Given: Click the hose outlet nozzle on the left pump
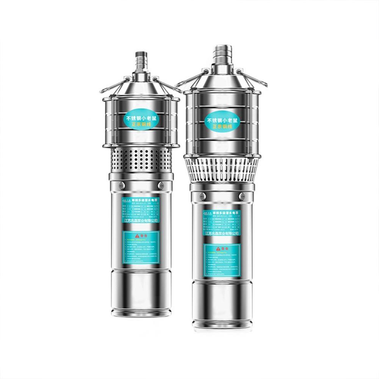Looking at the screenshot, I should pyautogui.click(x=141, y=61).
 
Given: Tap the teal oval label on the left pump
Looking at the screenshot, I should pyautogui.click(x=141, y=122).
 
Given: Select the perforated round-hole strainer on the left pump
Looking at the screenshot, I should pyautogui.click(x=141, y=159).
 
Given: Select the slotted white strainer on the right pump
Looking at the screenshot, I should pyautogui.click(x=222, y=169).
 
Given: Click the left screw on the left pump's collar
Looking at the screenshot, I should pyautogui.click(x=121, y=185).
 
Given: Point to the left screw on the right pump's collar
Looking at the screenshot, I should pyautogui.click(x=202, y=196).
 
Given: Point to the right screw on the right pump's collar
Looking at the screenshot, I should pyautogui.click(x=241, y=196).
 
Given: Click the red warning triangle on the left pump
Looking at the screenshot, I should pyautogui.click(x=137, y=235).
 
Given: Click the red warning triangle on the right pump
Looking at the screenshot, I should pyautogui.click(x=218, y=249).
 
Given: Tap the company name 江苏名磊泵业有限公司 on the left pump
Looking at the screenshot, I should pyautogui.click(x=141, y=220).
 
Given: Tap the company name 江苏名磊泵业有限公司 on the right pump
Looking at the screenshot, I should pyautogui.click(x=222, y=233).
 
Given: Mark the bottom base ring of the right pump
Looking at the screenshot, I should pyautogui.click(x=222, y=325).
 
